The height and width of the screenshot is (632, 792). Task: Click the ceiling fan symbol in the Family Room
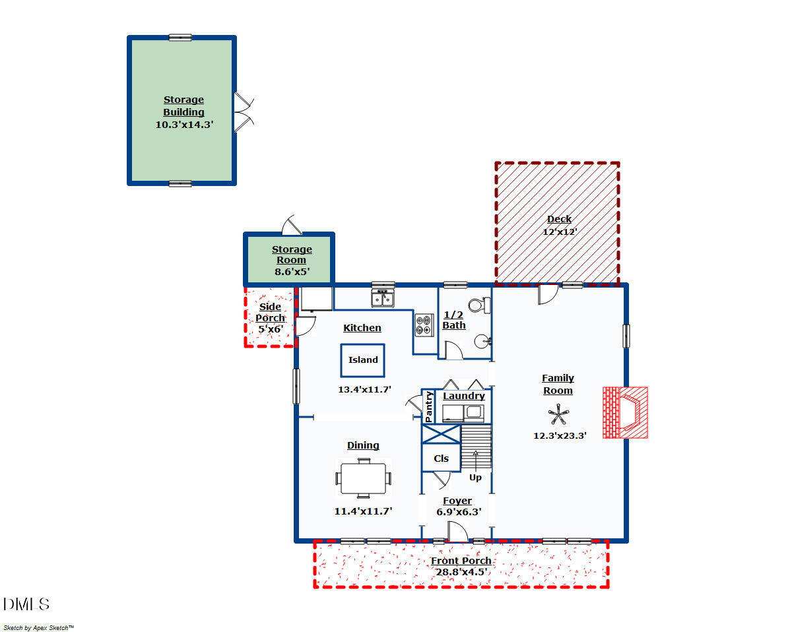pyautogui.click(x=558, y=414)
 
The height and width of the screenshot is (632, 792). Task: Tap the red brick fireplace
pyautogui.click(x=625, y=412)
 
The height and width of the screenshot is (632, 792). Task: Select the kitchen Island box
pyautogui.click(x=362, y=360)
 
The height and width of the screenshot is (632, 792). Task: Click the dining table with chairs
pyautogui.click(x=363, y=478)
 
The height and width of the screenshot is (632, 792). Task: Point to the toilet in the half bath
pyautogui.click(x=479, y=305)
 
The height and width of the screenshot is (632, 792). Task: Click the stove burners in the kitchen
pyautogui.click(x=424, y=325)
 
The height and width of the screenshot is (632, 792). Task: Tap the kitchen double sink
pyautogui.click(x=383, y=298)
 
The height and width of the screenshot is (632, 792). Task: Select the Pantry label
pyautogui.click(x=428, y=406)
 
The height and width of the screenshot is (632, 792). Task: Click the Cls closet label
pyautogui.click(x=441, y=458)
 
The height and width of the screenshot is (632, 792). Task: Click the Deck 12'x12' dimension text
pyautogui.click(x=560, y=232)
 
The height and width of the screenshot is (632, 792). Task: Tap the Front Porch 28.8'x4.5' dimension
pyautogui.click(x=461, y=572)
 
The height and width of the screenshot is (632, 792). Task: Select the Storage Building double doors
pyautogui.click(x=244, y=112)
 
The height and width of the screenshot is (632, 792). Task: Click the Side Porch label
pyautogui.click(x=270, y=312)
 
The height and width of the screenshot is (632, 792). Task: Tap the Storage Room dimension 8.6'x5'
pyautogui.click(x=292, y=272)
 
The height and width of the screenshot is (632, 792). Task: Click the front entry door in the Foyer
pyautogui.click(x=457, y=532)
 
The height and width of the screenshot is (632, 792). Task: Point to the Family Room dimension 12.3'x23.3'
pyautogui.click(x=560, y=435)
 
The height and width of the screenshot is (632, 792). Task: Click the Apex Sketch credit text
pyautogui.click(x=39, y=627)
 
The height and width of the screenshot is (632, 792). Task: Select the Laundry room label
pyautogui.click(x=464, y=396)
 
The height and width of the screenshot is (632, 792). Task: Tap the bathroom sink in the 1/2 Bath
pyautogui.click(x=482, y=342)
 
